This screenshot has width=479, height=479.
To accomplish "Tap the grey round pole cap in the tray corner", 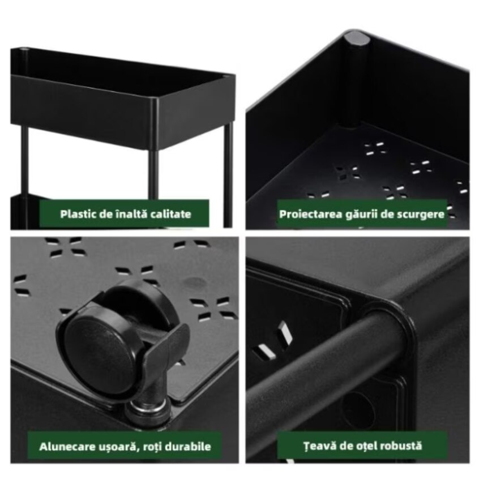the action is [x=357, y=39].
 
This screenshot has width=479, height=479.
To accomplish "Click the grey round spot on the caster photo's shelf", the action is [x=195, y=281].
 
